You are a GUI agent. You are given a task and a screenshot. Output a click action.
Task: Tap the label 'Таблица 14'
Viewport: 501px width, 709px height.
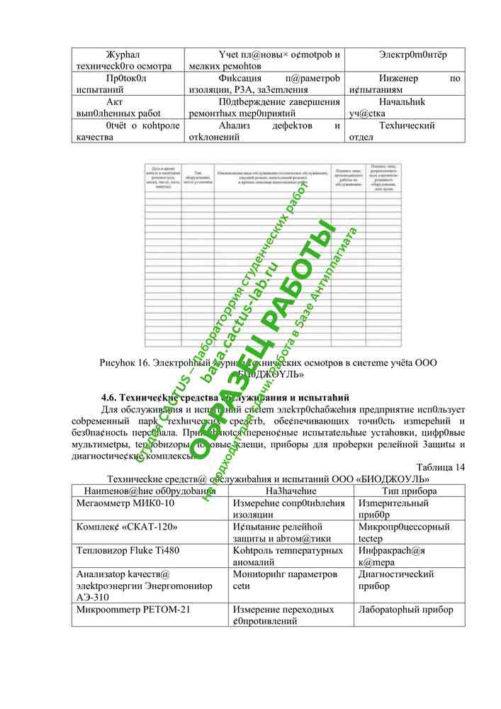(x=441, y=467)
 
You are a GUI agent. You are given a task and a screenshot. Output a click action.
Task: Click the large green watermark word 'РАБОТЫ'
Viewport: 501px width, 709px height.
(x=298, y=284)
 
